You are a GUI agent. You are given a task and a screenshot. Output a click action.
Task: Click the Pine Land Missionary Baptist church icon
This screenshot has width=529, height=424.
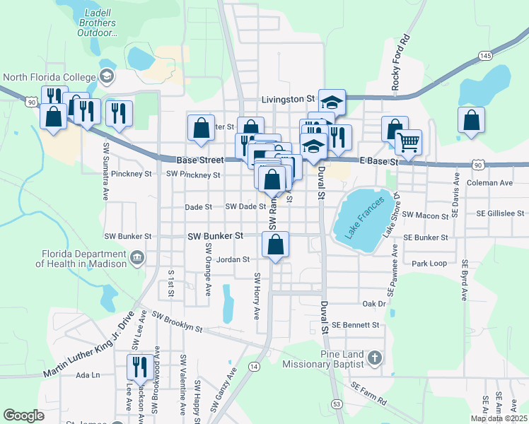click(x=375, y=359)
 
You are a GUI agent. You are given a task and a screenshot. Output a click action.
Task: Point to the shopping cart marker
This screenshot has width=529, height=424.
click(x=408, y=142)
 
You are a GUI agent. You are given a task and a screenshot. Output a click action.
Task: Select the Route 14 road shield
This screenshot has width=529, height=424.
click(x=253, y=366)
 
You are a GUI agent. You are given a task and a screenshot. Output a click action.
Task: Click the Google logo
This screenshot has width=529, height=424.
click(x=23, y=416)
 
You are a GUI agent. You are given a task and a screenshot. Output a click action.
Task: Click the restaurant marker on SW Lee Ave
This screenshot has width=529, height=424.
click(x=137, y=368)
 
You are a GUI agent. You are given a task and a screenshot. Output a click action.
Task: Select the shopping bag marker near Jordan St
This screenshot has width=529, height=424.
click(x=276, y=245)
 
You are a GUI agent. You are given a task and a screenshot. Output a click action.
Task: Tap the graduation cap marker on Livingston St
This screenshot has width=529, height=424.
click(x=330, y=102)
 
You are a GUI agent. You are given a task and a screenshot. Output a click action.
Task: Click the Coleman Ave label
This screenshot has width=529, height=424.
click(x=489, y=183)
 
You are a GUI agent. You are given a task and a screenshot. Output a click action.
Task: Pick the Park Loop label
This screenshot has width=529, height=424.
click(x=429, y=264)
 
